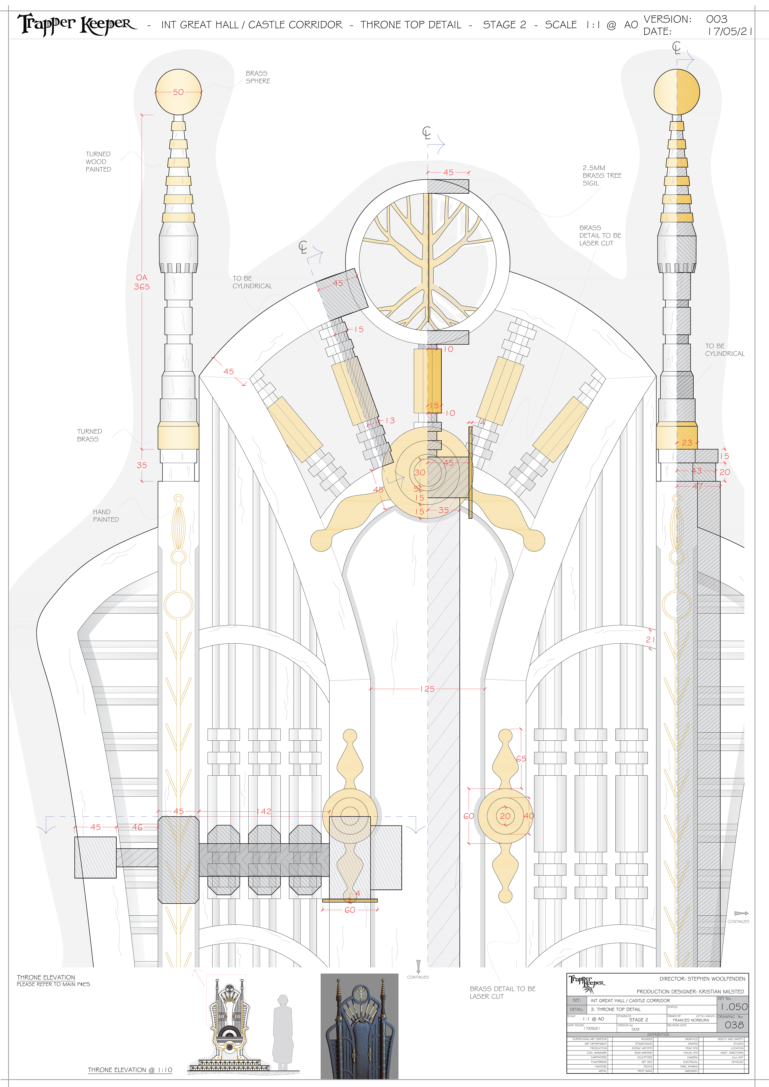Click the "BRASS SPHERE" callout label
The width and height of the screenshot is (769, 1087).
(x=258, y=77)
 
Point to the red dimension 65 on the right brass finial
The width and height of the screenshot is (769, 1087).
(x=521, y=758)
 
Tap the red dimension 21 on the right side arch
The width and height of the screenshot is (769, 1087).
(x=650, y=640)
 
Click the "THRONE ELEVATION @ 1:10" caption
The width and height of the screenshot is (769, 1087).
(x=130, y=1070)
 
